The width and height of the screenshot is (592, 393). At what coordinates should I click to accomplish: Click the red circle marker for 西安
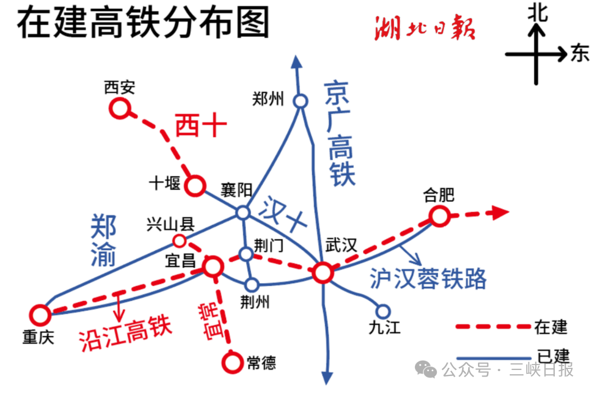coord(119,108)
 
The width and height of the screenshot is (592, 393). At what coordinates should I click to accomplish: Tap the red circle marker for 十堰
coord(195,185)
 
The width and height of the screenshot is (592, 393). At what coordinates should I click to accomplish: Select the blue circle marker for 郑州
coord(300,101)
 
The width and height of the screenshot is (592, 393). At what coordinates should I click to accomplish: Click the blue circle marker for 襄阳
coord(243,213)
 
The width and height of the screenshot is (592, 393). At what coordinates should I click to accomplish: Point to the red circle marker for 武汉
coord(322,272)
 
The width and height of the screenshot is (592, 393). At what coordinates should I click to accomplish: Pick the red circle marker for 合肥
coord(439,217)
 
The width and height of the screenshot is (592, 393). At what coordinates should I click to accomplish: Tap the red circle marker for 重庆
coord(40,315)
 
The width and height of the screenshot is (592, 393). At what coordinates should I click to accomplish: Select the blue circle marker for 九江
coord(384,310)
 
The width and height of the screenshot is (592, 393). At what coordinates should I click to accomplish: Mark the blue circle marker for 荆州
coord(252,284)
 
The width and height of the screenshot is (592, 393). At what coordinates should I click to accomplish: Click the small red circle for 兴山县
coord(179,240)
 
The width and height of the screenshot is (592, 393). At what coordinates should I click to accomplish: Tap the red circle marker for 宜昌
coord(213,267)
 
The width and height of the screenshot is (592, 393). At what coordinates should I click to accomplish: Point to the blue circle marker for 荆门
coord(246,253)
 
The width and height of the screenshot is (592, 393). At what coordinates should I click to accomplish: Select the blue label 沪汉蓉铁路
coord(428,278)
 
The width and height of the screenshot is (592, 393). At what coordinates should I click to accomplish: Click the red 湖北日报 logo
coord(425,29)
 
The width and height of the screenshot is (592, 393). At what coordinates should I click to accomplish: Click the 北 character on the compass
coord(537,13)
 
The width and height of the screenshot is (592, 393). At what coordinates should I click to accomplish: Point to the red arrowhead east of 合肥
coord(500,213)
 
